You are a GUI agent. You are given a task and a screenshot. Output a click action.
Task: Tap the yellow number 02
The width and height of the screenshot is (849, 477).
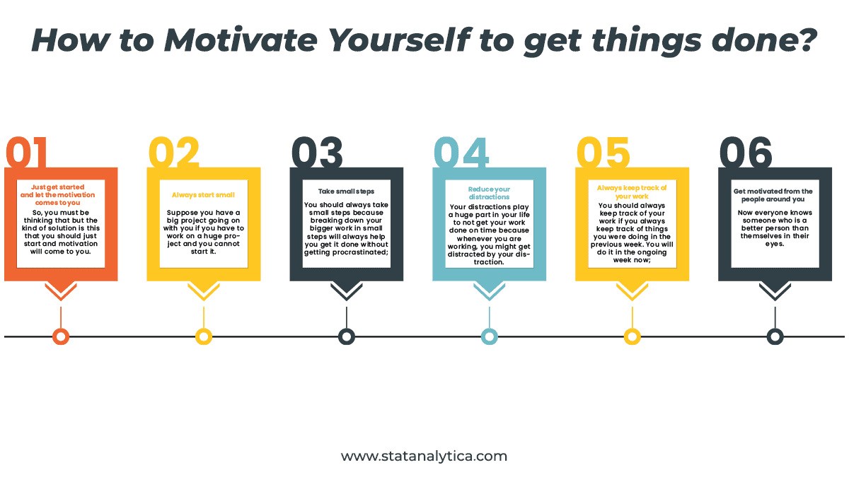tap(174, 152)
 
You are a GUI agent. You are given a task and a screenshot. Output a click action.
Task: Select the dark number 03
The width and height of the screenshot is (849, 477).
tap(317, 152)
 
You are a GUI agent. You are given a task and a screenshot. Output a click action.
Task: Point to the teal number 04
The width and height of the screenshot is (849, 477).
tap(461, 152)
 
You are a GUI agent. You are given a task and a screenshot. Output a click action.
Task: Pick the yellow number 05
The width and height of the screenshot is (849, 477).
tap(603, 152)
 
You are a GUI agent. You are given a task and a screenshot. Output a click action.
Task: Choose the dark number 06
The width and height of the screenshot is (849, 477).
tap(746, 152)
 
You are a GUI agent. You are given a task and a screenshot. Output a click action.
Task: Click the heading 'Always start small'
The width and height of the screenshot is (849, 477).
tap(203, 194)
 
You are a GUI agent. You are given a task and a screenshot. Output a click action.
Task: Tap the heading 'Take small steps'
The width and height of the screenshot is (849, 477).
tap(346, 191)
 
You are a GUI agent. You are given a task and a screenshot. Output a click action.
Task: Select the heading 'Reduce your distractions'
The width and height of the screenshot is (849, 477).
tap(489, 193)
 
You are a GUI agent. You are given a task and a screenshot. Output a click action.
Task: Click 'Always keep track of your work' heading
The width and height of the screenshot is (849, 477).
tap(632, 192)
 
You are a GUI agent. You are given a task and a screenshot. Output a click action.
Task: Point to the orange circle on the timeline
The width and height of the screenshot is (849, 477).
tap(61, 336)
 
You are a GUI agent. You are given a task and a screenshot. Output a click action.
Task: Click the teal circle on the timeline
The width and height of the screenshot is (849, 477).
tap(489, 336)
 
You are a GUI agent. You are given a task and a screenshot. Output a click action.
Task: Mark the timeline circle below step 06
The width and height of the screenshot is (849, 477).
tap(775, 336)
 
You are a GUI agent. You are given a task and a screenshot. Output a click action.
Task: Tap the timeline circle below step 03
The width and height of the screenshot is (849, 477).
tap(346, 336)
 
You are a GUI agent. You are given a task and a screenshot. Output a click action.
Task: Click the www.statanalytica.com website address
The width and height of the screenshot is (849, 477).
tap(424, 456)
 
